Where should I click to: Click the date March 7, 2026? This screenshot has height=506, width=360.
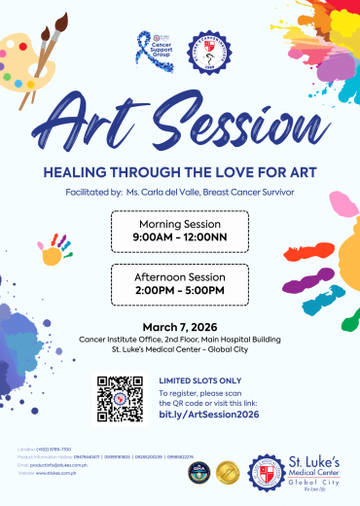pyautogui.click(x=180, y=326)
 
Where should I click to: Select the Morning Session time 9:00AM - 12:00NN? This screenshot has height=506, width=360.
pyautogui.click(x=179, y=235)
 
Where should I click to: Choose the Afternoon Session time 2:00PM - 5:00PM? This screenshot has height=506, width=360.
pyautogui.click(x=179, y=289)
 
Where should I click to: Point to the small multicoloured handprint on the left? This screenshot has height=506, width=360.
pyautogui.click(x=54, y=254)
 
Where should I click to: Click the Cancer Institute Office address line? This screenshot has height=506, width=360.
pyautogui.click(x=180, y=339)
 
